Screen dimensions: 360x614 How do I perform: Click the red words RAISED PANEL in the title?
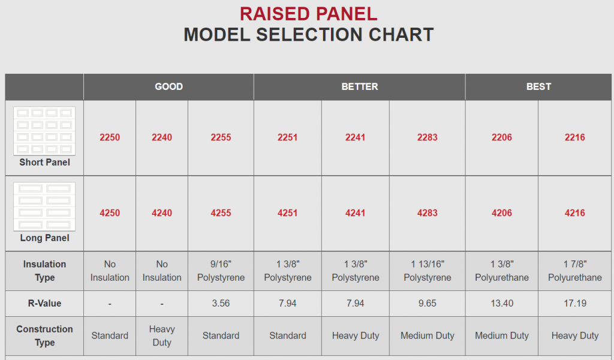point(308,13)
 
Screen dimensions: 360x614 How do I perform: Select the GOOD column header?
point(168,86)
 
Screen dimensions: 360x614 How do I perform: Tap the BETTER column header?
point(359,86)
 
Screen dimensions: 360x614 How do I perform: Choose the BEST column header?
point(538,86)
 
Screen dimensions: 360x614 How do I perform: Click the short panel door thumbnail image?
point(44,131)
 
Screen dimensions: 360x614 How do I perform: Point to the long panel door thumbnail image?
point(44,206)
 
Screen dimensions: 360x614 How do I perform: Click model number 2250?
point(110,137)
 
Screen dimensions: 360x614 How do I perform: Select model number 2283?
point(427,137)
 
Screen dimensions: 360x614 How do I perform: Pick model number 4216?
point(574,213)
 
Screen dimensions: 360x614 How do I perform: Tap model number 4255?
point(221,213)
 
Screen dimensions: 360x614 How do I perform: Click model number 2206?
point(502,137)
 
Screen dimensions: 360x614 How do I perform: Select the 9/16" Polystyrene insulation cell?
point(221,271)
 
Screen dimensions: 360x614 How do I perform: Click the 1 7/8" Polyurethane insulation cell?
point(574,271)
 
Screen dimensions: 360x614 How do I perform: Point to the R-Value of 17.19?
point(574,304)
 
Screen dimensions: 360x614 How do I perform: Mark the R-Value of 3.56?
point(221,304)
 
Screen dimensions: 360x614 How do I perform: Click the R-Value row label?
point(44,304)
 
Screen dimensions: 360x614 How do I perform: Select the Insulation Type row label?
point(44,271)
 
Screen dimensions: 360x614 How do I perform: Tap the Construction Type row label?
point(44,336)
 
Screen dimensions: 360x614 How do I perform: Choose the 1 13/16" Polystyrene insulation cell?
point(427,271)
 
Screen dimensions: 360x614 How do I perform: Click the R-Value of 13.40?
point(502,304)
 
